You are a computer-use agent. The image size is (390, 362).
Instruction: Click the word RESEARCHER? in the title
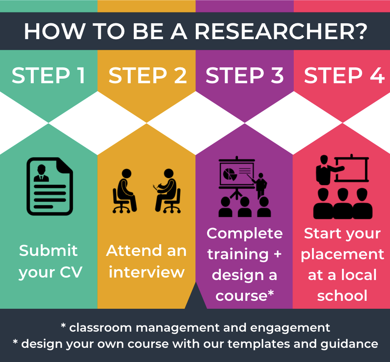point(281,32)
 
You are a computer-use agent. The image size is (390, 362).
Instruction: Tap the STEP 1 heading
point(49,75)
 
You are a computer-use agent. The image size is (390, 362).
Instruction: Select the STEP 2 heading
point(147,75)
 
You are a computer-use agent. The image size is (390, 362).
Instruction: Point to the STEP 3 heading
point(245,75)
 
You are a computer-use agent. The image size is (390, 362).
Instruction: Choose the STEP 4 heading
point(344,75)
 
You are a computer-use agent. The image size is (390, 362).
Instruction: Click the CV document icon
point(50,186)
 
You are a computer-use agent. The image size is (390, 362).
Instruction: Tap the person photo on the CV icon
point(41,173)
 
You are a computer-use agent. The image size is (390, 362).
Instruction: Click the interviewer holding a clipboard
point(167,191)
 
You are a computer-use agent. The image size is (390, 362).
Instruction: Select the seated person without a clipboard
point(125,191)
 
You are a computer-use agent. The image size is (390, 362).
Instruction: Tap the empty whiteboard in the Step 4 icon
point(351,169)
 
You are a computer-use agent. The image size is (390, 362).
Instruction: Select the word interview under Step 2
point(147,272)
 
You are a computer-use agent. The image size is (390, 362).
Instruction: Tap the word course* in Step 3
point(245,296)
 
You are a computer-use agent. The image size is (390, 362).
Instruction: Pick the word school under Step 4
point(342,296)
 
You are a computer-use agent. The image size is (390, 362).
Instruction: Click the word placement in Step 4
point(342,255)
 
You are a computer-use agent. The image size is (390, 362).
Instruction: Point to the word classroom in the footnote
point(100,327)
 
